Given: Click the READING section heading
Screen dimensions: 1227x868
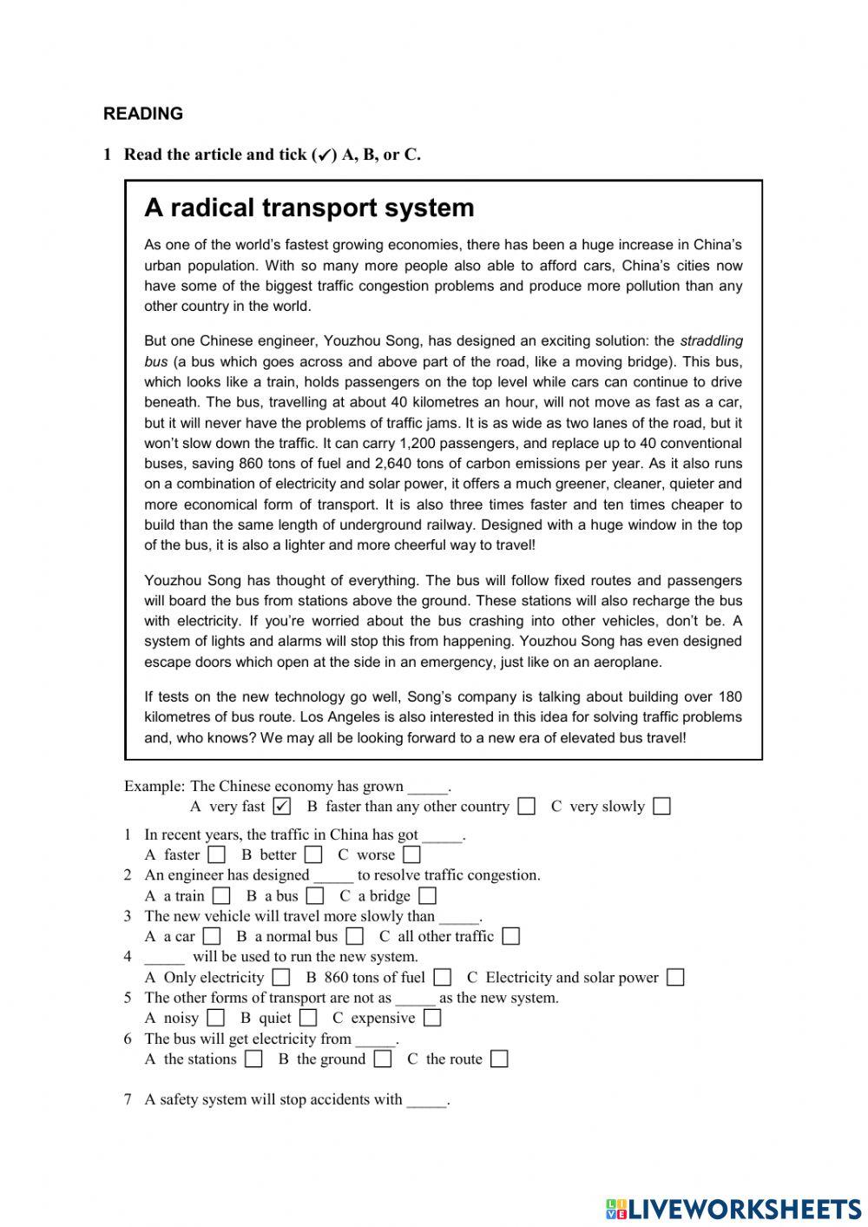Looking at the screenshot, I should [x=143, y=114].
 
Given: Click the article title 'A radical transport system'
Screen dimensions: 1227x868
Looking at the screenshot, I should [x=309, y=208].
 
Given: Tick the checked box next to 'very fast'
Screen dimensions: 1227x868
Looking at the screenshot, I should [x=281, y=807].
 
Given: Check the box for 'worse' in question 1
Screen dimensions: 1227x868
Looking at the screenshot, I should [x=411, y=855].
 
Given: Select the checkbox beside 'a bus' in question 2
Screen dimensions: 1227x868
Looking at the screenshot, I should [x=315, y=896].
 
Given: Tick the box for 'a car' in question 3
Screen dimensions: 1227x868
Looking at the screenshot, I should [x=212, y=937].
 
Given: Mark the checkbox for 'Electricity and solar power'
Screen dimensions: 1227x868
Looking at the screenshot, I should [x=675, y=978].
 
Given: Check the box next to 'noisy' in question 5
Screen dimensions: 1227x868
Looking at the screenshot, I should [x=216, y=1019].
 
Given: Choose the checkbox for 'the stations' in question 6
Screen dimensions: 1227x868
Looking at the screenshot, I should [x=253, y=1059].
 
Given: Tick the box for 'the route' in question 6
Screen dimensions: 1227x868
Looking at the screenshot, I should [x=499, y=1059].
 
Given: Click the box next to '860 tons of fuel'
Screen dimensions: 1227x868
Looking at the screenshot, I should [x=443, y=978].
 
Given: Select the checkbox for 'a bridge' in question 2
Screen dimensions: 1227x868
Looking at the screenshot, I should [x=427, y=896].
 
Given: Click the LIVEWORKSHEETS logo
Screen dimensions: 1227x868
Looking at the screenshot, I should [x=733, y=1209].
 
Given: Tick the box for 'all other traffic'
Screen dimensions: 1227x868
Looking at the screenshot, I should [x=511, y=937].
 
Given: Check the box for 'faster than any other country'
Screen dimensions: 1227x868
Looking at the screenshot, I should [x=526, y=807].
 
